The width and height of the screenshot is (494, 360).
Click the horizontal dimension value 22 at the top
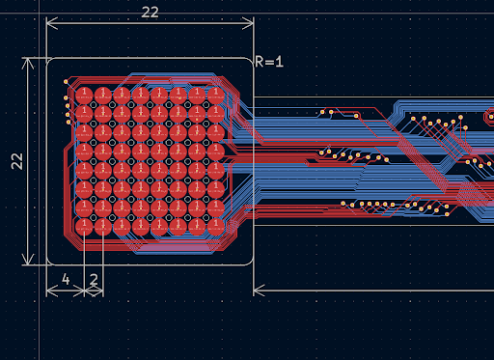coord(150,13)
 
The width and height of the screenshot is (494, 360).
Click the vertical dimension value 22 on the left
coord(17,161)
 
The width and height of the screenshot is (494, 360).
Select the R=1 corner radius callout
coord(269,62)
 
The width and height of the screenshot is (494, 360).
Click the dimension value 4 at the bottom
coord(66,279)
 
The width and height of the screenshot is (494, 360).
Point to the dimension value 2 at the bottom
coord(94,279)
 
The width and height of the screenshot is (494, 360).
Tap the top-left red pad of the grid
coord(84,96)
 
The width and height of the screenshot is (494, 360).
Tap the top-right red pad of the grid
coord(216,96)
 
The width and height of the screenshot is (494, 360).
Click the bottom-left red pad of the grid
coord(84,227)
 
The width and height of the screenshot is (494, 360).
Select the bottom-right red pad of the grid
coord(216,227)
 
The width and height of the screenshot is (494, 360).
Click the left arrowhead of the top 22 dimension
coord(51,23)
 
